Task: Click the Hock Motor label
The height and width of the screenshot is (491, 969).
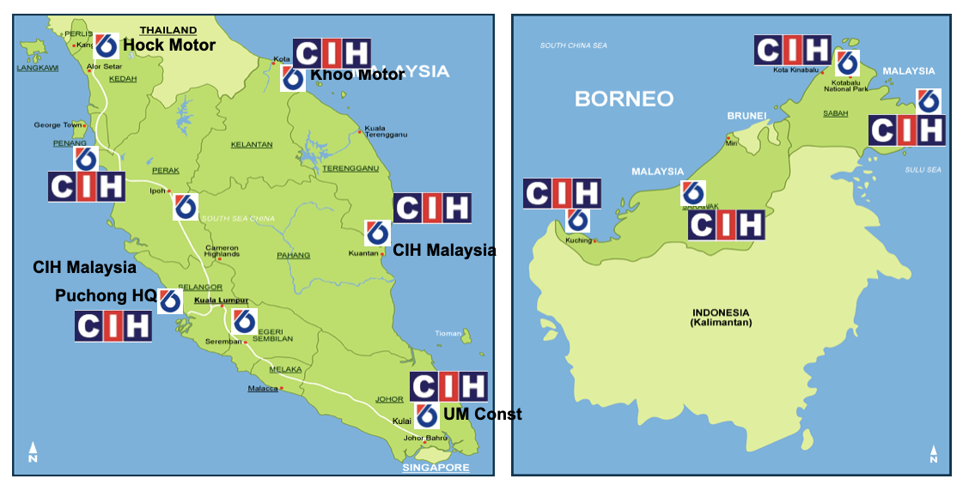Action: (x=169, y=45)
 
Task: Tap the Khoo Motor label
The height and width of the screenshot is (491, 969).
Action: (x=357, y=75)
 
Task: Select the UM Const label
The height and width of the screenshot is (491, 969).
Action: (x=482, y=415)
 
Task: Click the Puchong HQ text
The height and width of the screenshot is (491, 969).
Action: (x=106, y=295)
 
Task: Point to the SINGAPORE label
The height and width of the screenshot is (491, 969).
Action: (x=436, y=468)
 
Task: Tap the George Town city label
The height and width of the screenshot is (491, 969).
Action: (x=58, y=125)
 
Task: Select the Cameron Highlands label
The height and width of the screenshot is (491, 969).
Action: (x=222, y=252)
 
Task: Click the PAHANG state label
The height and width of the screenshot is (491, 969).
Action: (x=293, y=255)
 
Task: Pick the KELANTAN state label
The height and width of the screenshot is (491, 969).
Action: (x=252, y=145)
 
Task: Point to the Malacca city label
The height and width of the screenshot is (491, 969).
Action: (x=262, y=389)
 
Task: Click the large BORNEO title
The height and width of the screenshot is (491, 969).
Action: (x=624, y=99)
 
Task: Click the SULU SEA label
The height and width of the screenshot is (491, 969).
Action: (x=923, y=170)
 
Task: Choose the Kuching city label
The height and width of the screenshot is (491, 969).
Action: (x=578, y=240)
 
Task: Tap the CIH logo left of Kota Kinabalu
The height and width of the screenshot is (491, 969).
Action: (x=792, y=50)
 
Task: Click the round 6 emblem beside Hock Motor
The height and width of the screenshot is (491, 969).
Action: (x=107, y=45)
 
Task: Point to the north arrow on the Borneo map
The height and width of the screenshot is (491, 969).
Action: (x=935, y=454)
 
